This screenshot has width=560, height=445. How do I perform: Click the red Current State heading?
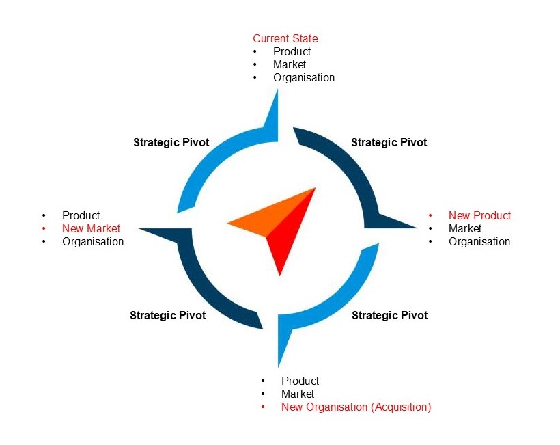[285, 39]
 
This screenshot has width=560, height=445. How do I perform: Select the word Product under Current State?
[292, 52]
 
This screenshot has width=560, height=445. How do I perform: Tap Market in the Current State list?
[290, 65]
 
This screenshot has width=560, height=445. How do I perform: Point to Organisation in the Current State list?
[304, 78]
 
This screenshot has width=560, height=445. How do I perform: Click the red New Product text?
[479, 216]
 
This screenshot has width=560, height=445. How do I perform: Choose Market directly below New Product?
[465, 229]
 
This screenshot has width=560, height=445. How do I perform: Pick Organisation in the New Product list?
[479, 242]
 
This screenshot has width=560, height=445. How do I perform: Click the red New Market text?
[91, 229]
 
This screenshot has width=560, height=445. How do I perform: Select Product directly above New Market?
[81, 216]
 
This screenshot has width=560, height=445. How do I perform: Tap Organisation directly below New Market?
[93, 242]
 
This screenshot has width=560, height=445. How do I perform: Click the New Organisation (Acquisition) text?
[356, 407]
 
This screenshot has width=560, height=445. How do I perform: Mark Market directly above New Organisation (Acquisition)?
[298, 394]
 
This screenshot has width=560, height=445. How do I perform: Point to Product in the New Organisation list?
[300, 381]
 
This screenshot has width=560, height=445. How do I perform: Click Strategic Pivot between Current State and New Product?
[389, 143]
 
